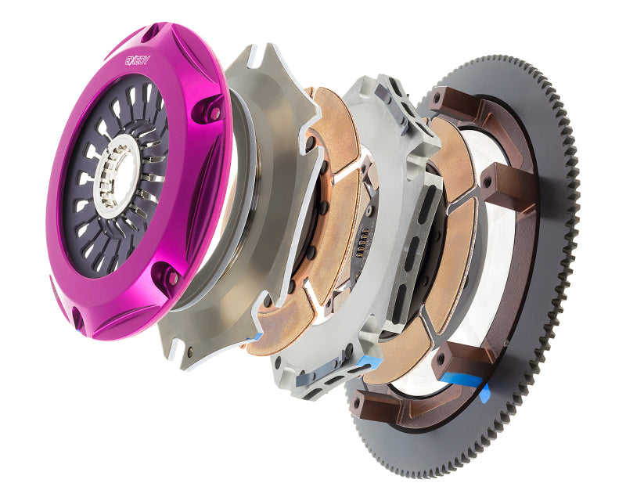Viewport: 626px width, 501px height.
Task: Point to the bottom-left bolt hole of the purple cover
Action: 77,316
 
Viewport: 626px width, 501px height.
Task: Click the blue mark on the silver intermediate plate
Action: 368,362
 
